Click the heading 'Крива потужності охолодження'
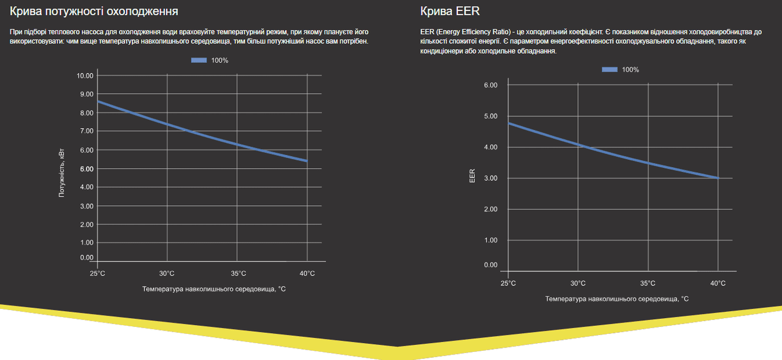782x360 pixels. point(94,11)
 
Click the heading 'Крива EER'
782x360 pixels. point(450,11)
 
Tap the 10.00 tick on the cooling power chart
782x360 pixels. point(86,75)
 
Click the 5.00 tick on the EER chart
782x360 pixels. point(490,116)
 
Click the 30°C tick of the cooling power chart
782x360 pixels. point(167,273)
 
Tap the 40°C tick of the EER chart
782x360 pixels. point(718,283)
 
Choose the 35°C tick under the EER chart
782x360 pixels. point(648,283)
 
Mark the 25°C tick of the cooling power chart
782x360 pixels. point(97,273)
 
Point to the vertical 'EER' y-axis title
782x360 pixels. point(472,175)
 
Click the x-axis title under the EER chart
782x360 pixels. point(617,299)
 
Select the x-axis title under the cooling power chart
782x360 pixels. point(214,289)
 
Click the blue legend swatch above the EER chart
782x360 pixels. point(610,70)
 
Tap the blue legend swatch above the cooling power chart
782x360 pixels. point(199,60)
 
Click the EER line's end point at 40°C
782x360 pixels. point(718,178)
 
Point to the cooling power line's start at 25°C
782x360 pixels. point(98,101)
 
